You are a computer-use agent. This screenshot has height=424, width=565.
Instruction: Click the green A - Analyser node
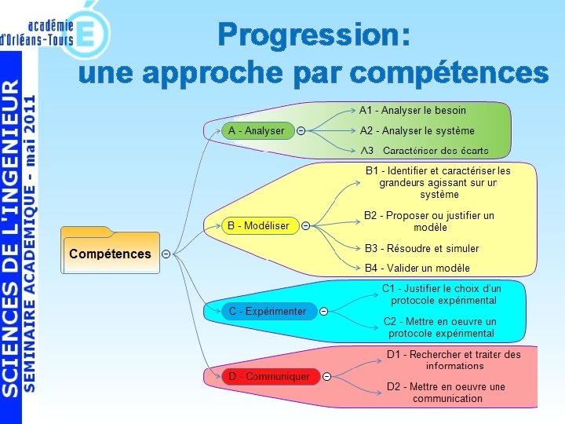(256, 130)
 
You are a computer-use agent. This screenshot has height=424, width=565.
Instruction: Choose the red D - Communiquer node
(269, 377)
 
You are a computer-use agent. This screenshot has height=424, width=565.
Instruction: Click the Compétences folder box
(110, 253)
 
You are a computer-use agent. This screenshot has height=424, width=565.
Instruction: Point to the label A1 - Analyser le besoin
(412, 111)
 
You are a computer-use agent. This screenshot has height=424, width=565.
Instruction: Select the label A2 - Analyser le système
(417, 130)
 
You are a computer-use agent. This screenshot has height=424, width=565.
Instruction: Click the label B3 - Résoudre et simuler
(421, 248)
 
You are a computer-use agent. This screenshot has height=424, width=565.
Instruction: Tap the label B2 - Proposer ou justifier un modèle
(428, 221)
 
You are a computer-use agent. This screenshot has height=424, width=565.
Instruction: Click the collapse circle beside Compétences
(166, 254)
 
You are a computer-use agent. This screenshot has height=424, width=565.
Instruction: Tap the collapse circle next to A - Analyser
(301, 130)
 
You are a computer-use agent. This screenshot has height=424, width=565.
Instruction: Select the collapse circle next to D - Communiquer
(326, 377)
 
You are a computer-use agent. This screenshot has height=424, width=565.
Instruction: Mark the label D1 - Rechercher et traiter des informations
(454, 360)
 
